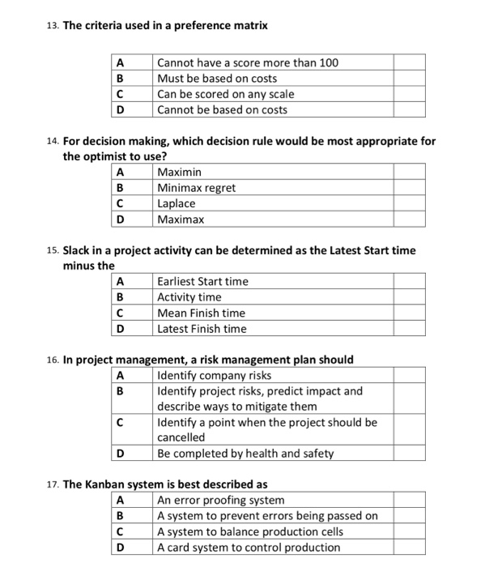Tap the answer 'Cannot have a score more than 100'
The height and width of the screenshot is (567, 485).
[x=248, y=62]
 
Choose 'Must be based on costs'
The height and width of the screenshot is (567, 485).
[x=217, y=79]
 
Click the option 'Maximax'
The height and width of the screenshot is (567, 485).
[x=181, y=220]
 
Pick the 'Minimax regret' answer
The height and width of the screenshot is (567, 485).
[x=197, y=188]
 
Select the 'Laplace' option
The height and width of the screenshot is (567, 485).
[x=177, y=203]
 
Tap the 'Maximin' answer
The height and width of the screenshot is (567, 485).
[x=180, y=172]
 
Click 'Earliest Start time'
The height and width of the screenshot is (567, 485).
[x=202, y=281]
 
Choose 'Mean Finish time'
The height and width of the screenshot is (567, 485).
[x=201, y=313]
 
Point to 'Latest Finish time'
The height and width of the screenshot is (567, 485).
[x=202, y=329]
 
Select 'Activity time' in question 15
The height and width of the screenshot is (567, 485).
[x=189, y=297]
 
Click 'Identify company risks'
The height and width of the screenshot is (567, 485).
[x=214, y=375]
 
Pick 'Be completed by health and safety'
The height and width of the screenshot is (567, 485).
[x=245, y=454]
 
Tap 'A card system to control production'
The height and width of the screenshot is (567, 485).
[x=249, y=548]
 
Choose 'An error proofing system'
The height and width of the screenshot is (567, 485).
[x=220, y=501]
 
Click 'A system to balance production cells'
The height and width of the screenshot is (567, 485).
[x=250, y=532]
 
